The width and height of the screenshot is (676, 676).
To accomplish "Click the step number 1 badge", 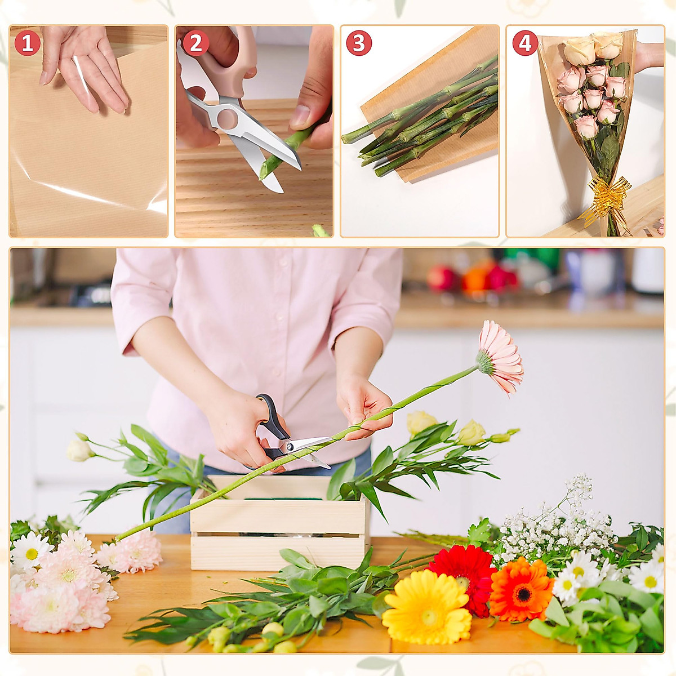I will [x=27, y=43].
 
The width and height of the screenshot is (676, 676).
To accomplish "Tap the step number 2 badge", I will [x=195, y=43].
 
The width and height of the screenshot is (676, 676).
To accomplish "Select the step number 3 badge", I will [x=359, y=43].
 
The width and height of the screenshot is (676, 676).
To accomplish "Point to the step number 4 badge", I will [x=525, y=43].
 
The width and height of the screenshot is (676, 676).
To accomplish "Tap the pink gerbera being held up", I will [x=500, y=358].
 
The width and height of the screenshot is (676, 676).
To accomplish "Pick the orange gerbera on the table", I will [x=521, y=589].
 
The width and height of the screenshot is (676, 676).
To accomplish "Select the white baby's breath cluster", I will [x=558, y=524].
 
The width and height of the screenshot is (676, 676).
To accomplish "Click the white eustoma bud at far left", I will [x=78, y=451].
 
